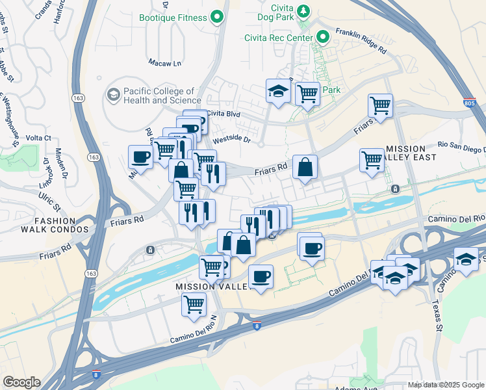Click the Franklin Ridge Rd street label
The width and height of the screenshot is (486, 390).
coord(361,40)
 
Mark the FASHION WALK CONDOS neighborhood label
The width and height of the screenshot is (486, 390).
coord(44,225)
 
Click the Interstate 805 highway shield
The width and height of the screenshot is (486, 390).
coord(469,103)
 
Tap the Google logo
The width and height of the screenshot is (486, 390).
coord(21,382)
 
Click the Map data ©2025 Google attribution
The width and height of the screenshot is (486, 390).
coord(446,385)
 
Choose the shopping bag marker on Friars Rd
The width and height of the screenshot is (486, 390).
coord(305,168)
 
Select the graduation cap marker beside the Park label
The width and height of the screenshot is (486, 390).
coord(278,91)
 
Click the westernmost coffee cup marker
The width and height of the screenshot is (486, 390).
coord(141,157)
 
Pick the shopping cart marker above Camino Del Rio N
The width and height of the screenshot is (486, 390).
coord(194,304)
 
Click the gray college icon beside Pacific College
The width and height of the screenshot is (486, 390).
coord(114,96)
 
